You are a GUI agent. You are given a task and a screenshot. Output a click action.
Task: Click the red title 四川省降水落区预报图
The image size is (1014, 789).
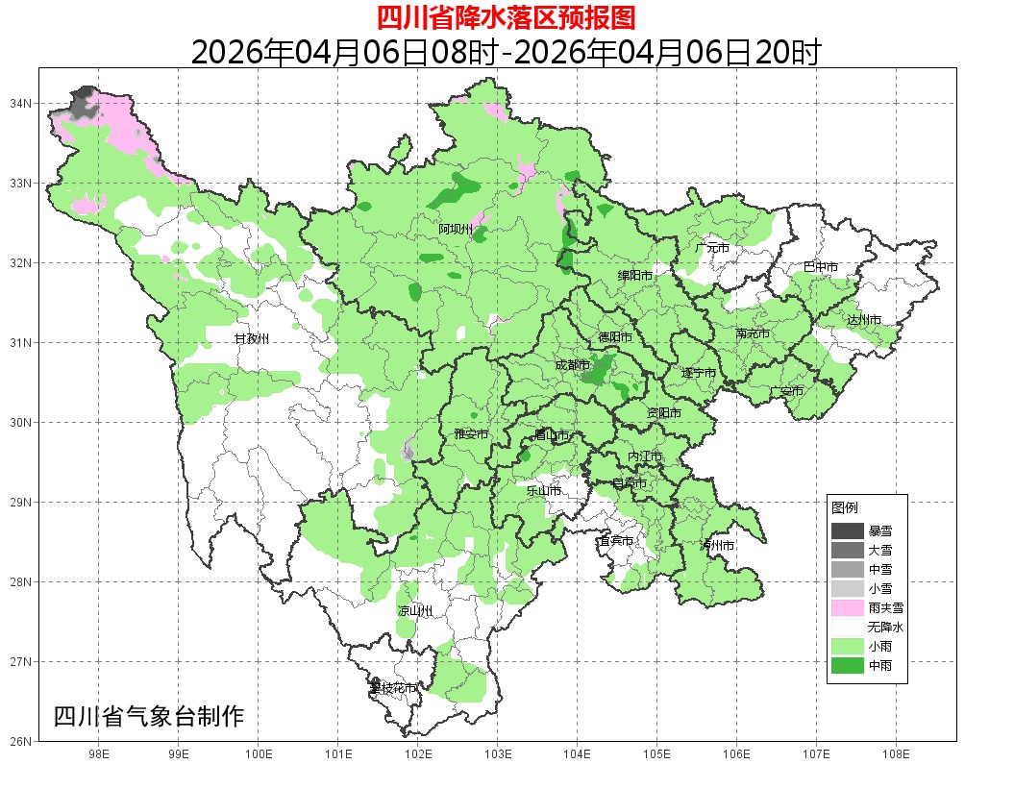[x=506, y=17]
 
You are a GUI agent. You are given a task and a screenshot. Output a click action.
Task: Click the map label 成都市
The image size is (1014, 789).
[x=573, y=365]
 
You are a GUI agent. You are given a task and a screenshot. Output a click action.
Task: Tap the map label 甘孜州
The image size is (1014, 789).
[x=252, y=339]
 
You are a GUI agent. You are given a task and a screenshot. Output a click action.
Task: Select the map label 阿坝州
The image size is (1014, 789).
[x=456, y=229]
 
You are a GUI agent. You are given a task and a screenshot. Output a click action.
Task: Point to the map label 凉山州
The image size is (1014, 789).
[x=415, y=611]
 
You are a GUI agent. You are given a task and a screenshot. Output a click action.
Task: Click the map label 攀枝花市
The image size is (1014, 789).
[x=394, y=688]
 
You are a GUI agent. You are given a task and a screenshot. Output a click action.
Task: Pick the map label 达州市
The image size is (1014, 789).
[x=864, y=319]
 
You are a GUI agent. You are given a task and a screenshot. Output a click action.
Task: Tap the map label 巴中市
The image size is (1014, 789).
[x=821, y=267]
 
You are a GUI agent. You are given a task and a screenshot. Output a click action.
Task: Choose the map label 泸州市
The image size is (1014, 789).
[x=717, y=545]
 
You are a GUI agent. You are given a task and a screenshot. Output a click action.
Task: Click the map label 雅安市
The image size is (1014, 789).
[x=471, y=434]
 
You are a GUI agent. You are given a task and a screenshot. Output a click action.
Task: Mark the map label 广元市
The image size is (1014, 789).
[x=712, y=248]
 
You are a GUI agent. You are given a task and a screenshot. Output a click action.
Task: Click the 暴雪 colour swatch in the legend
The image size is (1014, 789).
[x=848, y=530]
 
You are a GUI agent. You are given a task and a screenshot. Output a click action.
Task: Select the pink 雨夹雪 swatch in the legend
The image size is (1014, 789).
[x=848, y=607]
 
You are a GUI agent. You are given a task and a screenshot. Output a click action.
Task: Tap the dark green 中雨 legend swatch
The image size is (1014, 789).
[x=848, y=665]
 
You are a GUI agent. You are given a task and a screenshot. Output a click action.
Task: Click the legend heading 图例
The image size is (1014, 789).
[x=845, y=507]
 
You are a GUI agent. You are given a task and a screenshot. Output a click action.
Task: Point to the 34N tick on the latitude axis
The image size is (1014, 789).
[x=22, y=103]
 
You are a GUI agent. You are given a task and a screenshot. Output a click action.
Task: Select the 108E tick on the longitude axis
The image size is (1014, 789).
[x=896, y=755]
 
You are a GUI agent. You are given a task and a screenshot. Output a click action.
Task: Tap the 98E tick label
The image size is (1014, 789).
[x=98, y=755]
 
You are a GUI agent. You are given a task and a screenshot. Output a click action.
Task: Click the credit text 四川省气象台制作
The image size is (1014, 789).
[x=149, y=717]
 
